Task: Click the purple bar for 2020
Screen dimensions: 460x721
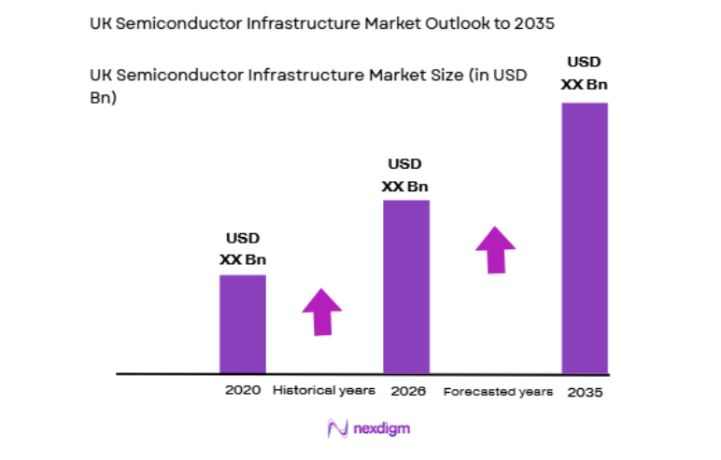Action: point(243,324)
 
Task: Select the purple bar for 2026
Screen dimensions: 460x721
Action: point(406,286)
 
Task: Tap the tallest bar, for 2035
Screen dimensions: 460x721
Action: point(585,238)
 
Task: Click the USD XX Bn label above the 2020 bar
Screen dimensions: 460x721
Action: point(243,249)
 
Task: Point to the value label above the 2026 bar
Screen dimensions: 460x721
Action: point(406,174)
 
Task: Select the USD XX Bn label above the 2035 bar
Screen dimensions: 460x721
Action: point(585,74)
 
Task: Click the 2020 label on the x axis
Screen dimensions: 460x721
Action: point(243,390)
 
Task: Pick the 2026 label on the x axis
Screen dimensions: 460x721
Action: point(408,390)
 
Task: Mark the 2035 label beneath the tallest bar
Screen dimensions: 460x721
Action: point(586,392)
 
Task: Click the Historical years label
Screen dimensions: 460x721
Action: point(324,390)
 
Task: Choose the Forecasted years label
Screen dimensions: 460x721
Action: point(498,391)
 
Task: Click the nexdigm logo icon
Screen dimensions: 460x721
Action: point(337,428)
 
